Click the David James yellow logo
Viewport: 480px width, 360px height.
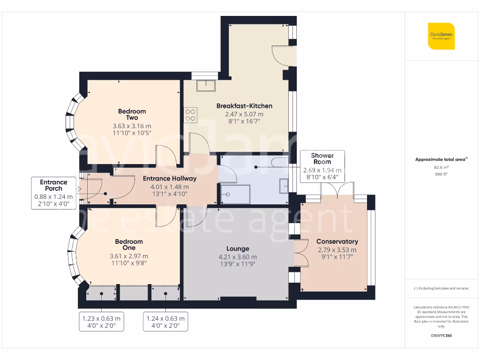point(441,36)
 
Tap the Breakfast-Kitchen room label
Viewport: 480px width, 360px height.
point(244,106)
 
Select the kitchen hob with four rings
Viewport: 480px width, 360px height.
point(191,115)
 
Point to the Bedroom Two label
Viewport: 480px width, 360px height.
point(132,114)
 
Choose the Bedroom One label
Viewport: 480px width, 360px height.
point(129,245)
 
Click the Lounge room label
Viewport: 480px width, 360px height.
point(238,249)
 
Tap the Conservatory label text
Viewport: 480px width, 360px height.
point(337,242)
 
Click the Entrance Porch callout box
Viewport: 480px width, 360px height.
point(53,193)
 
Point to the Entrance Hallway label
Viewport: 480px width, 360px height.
point(170,179)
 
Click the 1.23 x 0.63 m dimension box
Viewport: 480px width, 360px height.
point(101,322)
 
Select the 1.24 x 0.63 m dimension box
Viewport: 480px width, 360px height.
point(165,322)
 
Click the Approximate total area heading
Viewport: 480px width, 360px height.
point(441,160)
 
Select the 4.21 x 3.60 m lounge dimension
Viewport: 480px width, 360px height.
point(238,257)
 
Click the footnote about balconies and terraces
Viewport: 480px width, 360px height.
point(441,288)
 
